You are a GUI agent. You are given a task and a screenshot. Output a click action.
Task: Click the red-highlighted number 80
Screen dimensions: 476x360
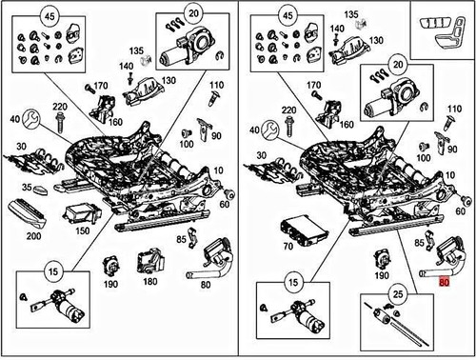pos(444,282)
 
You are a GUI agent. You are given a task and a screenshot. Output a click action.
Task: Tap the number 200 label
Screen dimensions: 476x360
pos(33,236)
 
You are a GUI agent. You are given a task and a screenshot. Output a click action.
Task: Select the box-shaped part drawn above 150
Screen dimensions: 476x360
pos(83,213)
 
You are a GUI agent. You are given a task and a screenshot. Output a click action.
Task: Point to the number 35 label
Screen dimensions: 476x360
pos(27,187)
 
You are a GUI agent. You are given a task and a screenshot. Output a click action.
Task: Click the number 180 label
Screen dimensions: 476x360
pos(150,281)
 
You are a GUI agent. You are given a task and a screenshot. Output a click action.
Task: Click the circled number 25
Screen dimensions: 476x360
pos(398,294)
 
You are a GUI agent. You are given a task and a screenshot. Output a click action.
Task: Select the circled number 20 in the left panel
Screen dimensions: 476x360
pos(193,13)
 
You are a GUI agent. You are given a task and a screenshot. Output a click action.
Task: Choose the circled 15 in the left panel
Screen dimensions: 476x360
pos(53,271)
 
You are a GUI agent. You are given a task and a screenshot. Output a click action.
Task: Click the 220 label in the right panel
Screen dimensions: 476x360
pos(289,110)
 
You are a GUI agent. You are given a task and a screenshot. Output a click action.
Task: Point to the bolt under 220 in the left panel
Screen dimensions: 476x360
pos(59,124)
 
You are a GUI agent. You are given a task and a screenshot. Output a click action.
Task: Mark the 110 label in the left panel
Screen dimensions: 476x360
pos(216,85)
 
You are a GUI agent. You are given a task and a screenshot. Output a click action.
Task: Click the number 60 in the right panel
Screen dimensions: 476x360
pos(461,210)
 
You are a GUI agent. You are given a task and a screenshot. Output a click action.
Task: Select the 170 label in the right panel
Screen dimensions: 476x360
pos(314,85)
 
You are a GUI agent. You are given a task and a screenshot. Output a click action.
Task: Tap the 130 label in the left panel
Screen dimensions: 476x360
pos(169,80)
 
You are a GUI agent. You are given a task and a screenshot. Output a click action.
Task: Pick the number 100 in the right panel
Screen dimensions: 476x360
pos(424,158)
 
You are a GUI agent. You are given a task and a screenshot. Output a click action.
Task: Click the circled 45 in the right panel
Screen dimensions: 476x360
pos(288,15)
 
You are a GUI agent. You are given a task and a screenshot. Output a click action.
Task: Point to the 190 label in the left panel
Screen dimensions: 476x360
pos(110,284)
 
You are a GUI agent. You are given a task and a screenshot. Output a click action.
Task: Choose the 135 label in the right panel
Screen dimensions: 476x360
pos(351,14)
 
